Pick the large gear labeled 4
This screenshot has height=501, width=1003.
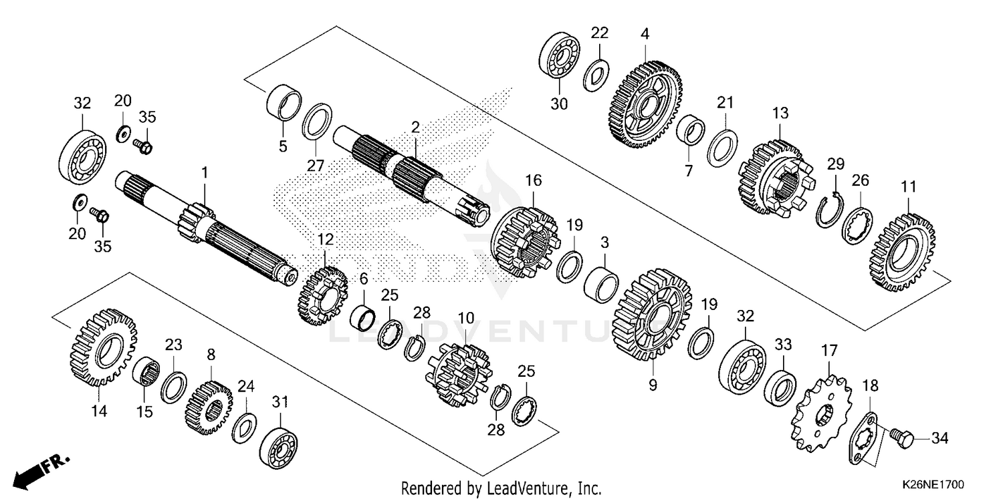point(645,104)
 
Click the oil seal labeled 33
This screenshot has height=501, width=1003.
point(780,383)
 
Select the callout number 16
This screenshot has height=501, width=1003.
point(533,180)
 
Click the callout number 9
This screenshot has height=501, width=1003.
point(653,385)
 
